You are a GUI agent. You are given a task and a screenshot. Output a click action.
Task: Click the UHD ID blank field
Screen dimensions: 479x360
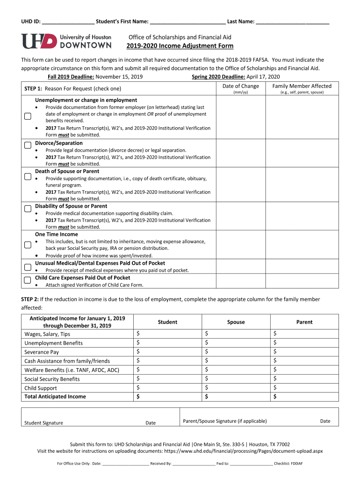(68, 22)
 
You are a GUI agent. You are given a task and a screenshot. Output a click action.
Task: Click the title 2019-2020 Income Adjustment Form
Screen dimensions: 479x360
(180, 46)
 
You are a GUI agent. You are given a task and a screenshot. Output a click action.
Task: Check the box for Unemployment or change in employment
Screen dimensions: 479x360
(28, 117)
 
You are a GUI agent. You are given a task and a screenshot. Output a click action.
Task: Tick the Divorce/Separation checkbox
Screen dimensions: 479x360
(28, 145)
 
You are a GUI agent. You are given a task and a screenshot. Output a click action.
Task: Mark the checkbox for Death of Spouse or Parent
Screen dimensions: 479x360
(28, 177)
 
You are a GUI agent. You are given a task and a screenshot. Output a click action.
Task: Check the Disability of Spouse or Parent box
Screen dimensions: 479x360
(28, 209)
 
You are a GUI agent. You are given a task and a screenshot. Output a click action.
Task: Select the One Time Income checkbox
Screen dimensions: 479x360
(28, 245)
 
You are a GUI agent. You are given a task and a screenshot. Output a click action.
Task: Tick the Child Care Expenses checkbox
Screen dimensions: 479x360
(28, 280)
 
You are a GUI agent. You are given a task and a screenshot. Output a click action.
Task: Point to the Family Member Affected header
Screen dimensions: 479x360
(302, 86)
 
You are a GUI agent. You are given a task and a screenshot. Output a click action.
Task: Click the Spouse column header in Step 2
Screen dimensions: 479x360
(236, 322)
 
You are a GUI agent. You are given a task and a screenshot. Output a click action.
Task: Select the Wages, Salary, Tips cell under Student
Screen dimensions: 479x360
(167, 334)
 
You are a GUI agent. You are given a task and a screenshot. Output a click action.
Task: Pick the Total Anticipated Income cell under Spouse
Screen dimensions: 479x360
(236, 397)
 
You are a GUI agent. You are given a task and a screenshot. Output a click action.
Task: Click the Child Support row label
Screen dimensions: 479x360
(41, 388)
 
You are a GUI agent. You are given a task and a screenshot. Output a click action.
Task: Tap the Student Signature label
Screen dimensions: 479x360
(43, 423)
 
